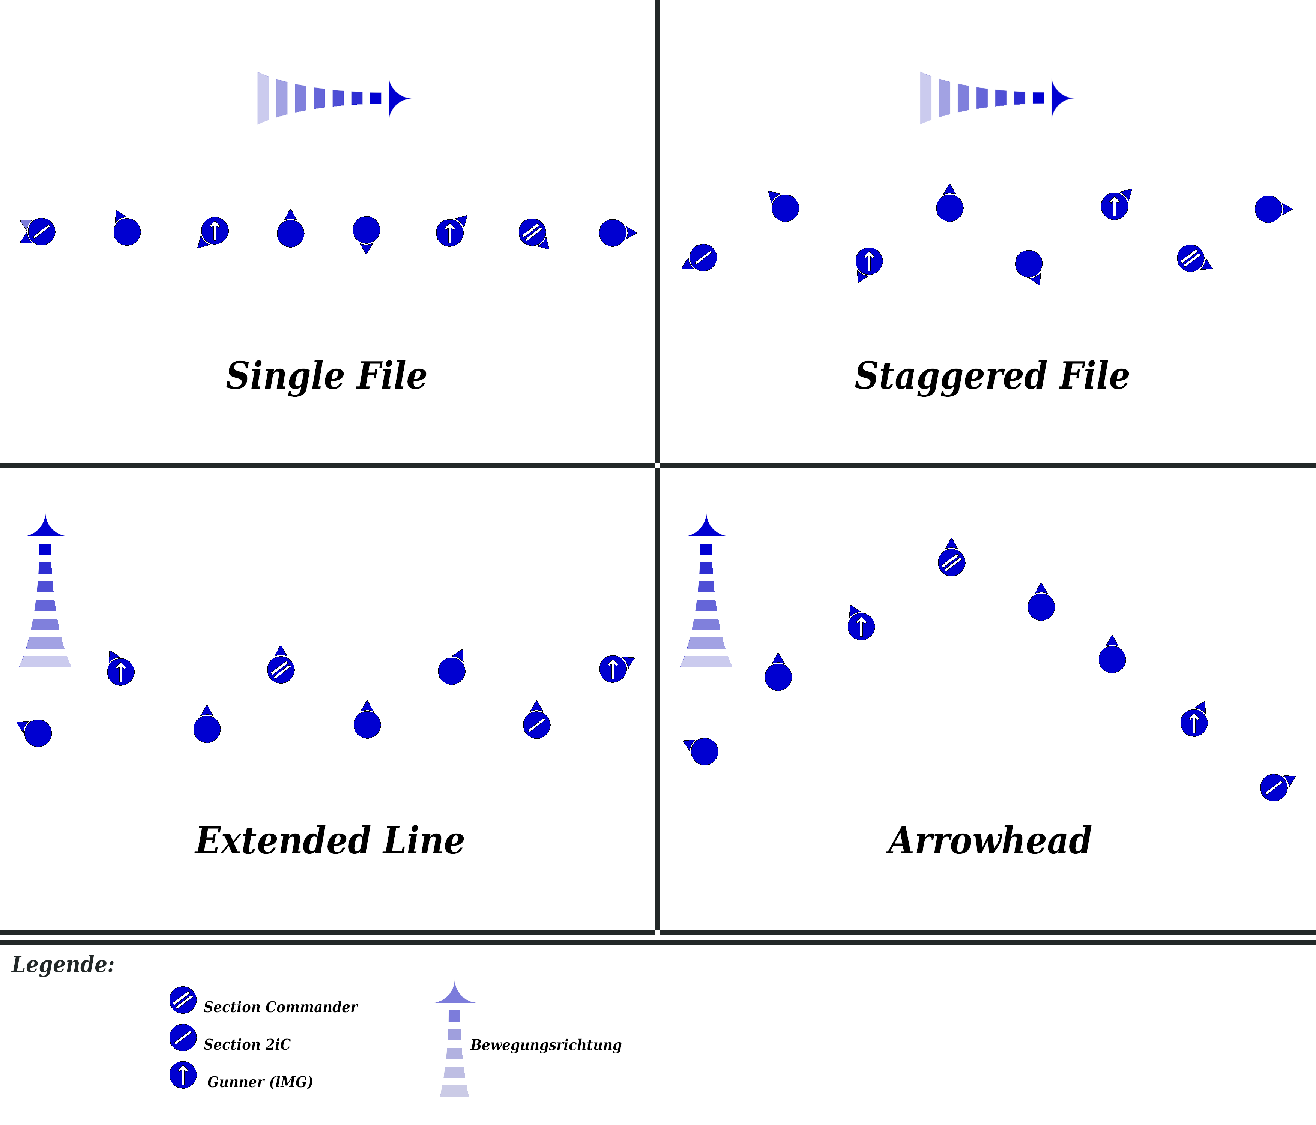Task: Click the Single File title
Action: point(326,375)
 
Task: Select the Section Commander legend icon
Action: point(183,1000)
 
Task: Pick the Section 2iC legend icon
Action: point(183,1037)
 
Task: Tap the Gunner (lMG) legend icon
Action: point(183,1075)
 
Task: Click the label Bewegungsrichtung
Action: point(545,1045)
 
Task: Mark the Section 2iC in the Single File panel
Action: point(41,232)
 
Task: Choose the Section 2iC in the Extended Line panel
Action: point(537,725)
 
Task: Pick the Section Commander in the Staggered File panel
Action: point(1190,258)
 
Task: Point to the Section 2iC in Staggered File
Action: point(703,257)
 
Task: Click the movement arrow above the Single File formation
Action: point(334,98)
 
